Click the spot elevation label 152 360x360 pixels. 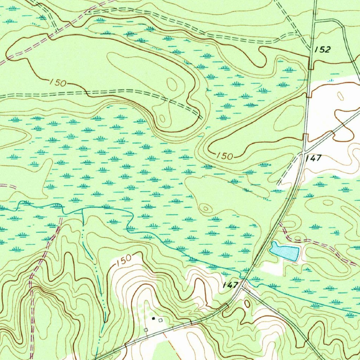[x=322, y=50]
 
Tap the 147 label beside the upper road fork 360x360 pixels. [x=314, y=158]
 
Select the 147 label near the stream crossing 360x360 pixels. [x=231, y=285]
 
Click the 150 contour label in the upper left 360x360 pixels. [x=58, y=83]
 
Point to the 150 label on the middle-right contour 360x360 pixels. [x=224, y=156]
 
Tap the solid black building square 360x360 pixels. [x=153, y=318]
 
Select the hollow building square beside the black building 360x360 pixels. [x=160, y=320]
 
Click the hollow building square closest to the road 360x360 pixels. [x=146, y=330]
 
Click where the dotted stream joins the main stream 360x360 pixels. [x=82, y=208]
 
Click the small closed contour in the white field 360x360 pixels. [x=340, y=96]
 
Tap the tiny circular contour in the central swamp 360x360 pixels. [x=206, y=208]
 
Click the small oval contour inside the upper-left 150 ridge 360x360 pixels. [x=172, y=84]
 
